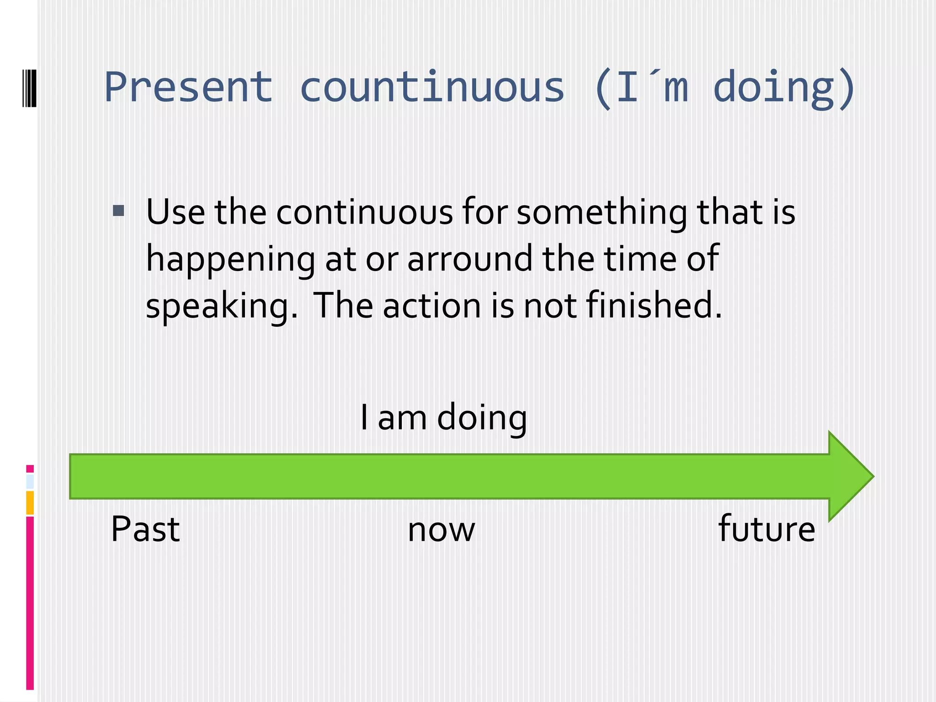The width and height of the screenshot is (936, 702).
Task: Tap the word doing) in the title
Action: click(x=784, y=88)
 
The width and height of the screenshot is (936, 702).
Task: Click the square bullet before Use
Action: click(x=118, y=211)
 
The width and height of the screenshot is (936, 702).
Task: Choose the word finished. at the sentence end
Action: click(x=654, y=305)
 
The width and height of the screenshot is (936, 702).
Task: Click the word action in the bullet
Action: click(x=432, y=306)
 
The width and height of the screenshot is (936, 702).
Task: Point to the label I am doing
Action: click(x=443, y=418)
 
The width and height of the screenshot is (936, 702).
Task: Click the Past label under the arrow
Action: click(x=145, y=529)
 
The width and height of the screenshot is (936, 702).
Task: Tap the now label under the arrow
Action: click(x=441, y=530)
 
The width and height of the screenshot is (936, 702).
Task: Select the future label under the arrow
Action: click(x=766, y=529)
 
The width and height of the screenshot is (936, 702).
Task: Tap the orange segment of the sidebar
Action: click(x=30, y=502)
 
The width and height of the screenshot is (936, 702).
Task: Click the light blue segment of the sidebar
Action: click(x=30, y=482)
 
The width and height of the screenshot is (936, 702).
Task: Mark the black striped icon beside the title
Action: click(x=29, y=88)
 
